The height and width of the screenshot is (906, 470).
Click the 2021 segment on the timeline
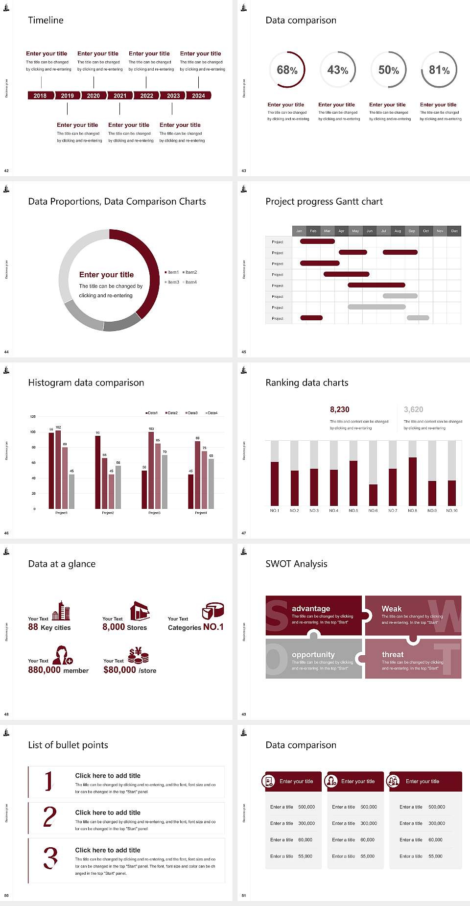coord(120,95)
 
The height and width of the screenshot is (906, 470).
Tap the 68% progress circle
coord(287,70)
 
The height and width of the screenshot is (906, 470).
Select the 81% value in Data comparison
coord(439,70)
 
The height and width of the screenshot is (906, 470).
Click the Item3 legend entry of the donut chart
coord(172,282)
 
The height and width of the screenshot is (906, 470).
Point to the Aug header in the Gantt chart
coord(398,231)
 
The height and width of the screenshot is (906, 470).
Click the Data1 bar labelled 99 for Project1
coord(51,470)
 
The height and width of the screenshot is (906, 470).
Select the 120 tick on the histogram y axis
coord(33,417)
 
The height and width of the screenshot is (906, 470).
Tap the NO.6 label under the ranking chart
coord(373,510)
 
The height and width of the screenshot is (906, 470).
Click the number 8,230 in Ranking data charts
coord(340,409)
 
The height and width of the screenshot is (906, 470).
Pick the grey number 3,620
coord(414,409)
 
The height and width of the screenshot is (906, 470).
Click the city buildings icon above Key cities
coord(61,611)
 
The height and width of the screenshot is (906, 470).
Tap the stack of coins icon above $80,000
coord(139,655)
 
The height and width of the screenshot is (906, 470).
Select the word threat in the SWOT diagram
coord(393,654)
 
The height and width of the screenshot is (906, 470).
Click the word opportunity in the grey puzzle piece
coord(313,654)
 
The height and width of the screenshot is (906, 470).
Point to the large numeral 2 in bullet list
coord(49,817)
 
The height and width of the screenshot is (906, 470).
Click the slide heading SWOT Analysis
coord(296,564)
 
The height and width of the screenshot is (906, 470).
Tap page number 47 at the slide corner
coord(244,533)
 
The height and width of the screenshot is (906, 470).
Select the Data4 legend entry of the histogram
coord(211,413)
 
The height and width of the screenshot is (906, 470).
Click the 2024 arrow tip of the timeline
coord(199,95)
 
